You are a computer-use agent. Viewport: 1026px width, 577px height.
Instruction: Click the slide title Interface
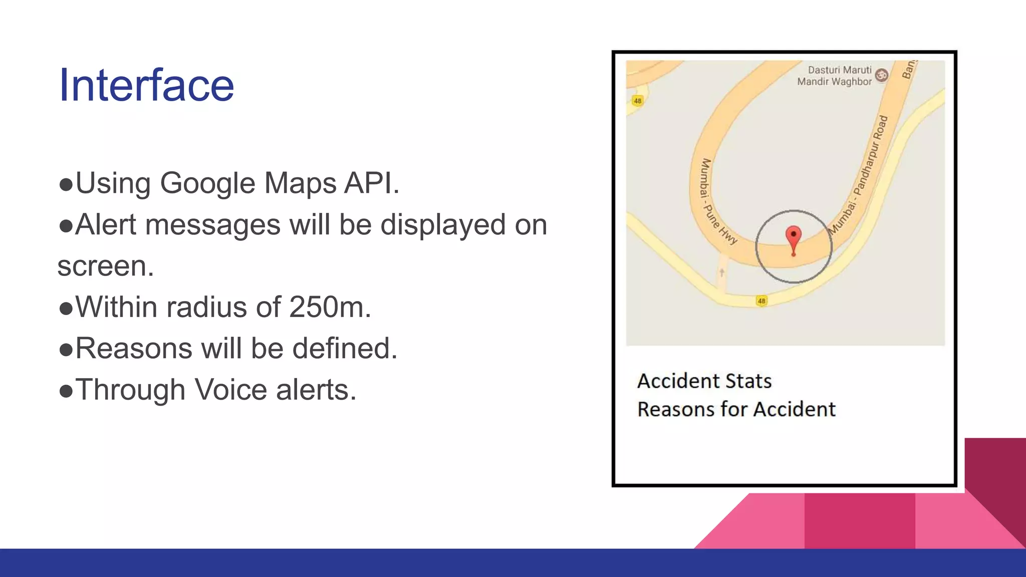click(146, 85)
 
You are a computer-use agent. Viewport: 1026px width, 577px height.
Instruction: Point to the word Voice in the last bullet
click(230, 390)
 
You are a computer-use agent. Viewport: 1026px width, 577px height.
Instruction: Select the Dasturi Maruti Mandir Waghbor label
click(835, 76)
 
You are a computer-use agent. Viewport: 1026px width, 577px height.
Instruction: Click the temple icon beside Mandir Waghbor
click(882, 75)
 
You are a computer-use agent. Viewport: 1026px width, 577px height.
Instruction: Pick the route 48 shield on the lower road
click(761, 301)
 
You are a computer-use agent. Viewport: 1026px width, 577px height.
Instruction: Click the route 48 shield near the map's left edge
click(637, 101)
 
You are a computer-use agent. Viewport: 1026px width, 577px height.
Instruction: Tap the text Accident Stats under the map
click(704, 381)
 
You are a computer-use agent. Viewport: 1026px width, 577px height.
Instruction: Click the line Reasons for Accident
click(736, 409)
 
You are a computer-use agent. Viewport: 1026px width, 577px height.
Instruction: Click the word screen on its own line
click(105, 266)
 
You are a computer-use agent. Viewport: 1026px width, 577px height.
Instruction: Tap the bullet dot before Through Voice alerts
click(66, 391)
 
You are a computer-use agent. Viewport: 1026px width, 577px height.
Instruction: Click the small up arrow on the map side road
click(722, 272)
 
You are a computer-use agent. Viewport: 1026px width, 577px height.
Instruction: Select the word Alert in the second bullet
click(105, 224)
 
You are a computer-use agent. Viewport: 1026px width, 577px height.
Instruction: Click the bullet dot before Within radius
click(66, 308)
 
